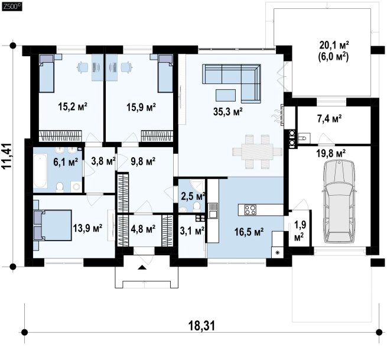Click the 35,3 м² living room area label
pos(227,112)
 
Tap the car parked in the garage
pos(339,201)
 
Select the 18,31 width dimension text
pos(201,326)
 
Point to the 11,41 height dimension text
pos(7,156)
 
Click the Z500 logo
pos(12,7)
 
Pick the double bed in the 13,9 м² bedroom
pos(53,225)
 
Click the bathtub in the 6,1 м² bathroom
pos(40,171)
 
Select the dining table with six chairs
pos(257,151)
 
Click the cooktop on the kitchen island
pos(250,210)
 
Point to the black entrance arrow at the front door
pos(142,267)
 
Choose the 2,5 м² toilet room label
pos(193,196)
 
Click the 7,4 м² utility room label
pos(329,119)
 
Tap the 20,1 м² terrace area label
pos(334,45)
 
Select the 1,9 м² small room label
pos(300,231)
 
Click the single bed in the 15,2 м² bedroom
pos(47,73)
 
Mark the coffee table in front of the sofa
pos(226,95)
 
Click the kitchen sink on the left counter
pos(213,210)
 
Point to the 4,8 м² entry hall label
pos(143,229)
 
